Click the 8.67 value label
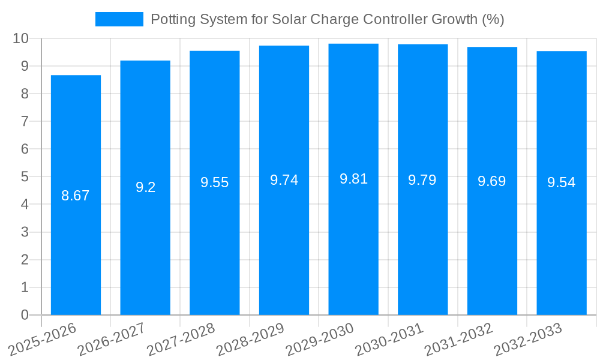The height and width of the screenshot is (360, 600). click(x=76, y=196)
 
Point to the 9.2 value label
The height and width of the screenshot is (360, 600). click(x=145, y=187)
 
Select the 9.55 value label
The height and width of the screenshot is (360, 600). click(x=215, y=182)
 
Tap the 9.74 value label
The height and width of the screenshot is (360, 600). click(x=284, y=180)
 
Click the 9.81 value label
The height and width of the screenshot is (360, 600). click(x=353, y=179)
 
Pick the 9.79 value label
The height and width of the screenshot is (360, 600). click(x=422, y=180)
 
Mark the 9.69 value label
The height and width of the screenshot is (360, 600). click(x=492, y=181)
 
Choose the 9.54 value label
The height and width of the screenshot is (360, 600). click(x=562, y=183)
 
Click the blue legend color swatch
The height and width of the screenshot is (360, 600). click(x=119, y=19)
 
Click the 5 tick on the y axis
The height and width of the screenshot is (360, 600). click(x=25, y=177)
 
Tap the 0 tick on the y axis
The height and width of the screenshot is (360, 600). click(x=25, y=315)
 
